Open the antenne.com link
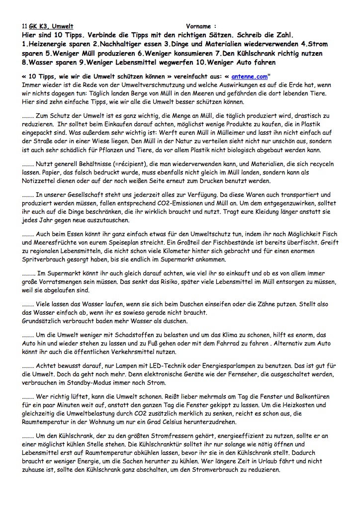point(249,77)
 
